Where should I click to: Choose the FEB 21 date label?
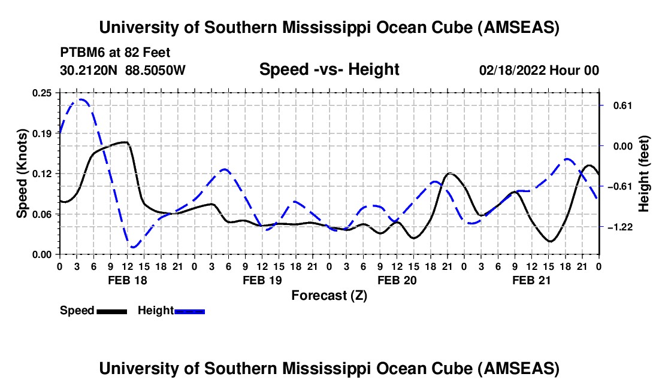531,280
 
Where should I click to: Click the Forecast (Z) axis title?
329,295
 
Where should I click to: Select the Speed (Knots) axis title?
22,174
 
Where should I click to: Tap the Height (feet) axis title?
644,174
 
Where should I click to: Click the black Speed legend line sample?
111,311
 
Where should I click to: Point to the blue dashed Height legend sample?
189,311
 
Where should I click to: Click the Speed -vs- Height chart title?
329,69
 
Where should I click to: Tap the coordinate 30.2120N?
90,71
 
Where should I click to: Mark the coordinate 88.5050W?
156,71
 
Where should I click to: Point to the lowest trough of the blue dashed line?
133,247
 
